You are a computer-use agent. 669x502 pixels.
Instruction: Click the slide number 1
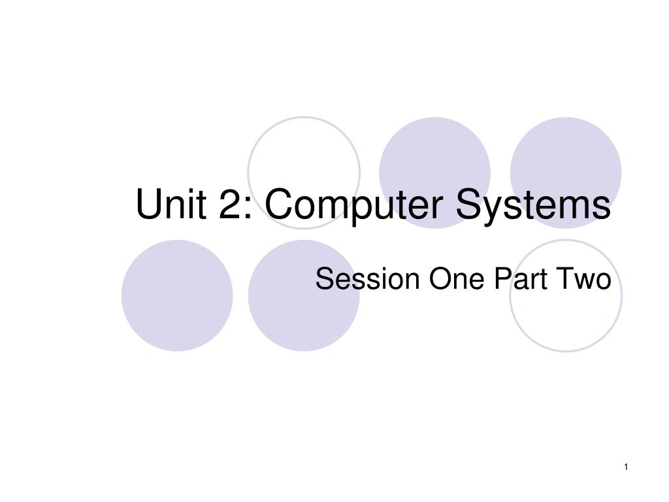(x=626, y=466)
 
